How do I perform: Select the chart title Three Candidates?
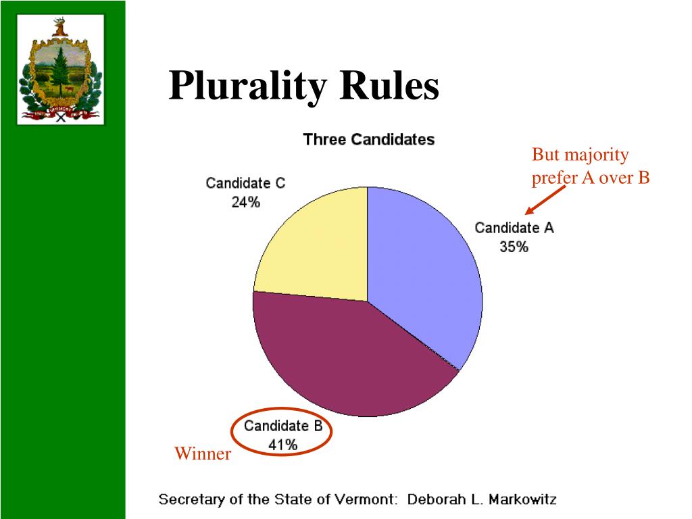(368, 140)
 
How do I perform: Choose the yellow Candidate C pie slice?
(318, 250)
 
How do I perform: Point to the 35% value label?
(514, 247)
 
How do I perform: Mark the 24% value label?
(245, 201)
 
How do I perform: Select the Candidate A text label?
(514, 228)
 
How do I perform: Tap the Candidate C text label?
(245, 183)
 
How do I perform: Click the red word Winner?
(203, 453)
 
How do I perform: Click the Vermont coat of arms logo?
(61, 70)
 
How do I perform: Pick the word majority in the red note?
(597, 155)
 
